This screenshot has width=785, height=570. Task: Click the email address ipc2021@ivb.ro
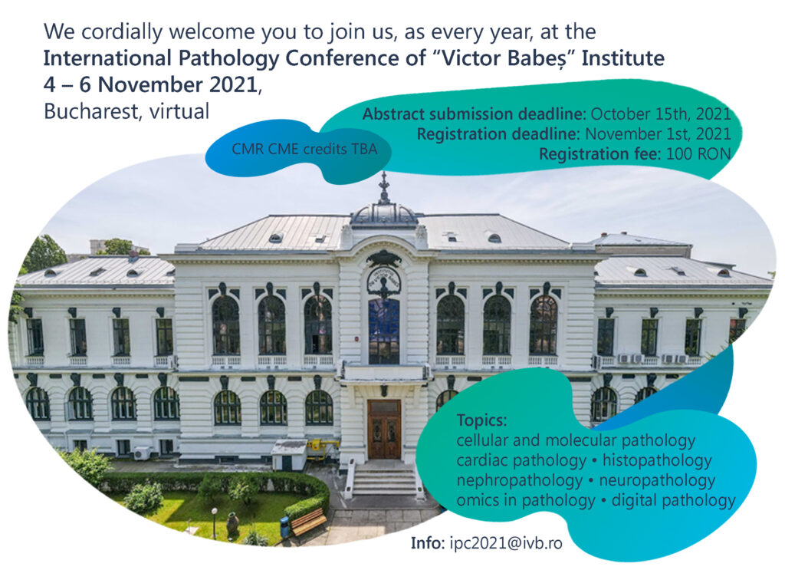506,543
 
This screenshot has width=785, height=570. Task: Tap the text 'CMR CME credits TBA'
304,149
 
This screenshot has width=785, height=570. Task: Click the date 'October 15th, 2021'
661,114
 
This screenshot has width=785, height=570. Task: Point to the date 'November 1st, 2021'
658,134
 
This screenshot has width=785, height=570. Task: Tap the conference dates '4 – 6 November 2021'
150,84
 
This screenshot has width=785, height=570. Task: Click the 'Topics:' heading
481,420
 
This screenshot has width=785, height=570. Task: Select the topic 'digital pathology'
673,500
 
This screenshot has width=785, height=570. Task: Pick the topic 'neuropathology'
657,480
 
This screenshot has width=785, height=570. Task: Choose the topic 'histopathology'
657,460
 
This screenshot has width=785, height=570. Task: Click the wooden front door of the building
384,430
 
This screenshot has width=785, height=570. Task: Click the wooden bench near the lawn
307,522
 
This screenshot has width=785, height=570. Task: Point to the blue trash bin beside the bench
285,528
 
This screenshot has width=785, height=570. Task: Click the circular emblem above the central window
383,282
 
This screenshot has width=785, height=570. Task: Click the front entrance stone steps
384,479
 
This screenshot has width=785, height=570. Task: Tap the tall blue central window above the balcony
384,331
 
